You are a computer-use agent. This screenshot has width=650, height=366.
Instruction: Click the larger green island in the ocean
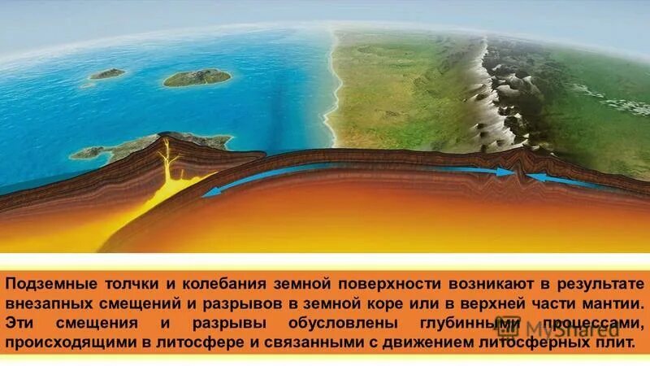(x=197, y=78)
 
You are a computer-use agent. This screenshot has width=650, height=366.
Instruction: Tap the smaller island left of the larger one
(x=107, y=74)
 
